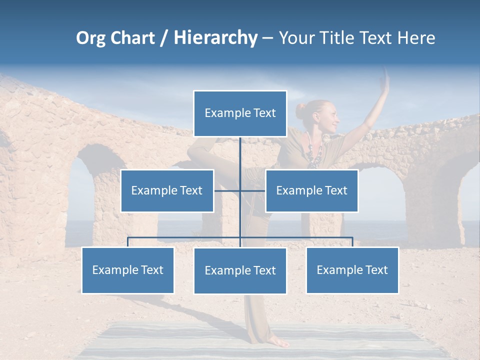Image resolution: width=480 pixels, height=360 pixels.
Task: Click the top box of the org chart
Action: coord(240,113)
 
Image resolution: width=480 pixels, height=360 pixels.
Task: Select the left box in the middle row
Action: coord(167,190)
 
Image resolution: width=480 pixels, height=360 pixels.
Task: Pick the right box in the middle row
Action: coord(311,190)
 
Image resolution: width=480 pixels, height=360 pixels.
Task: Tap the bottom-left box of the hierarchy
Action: coord(127,270)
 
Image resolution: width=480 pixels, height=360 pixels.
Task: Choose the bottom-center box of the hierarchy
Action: coord(240,270)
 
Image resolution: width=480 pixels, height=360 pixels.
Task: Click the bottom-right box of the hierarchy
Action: coord(352,270)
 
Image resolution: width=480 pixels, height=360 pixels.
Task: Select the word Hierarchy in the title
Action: coord(215,38)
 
